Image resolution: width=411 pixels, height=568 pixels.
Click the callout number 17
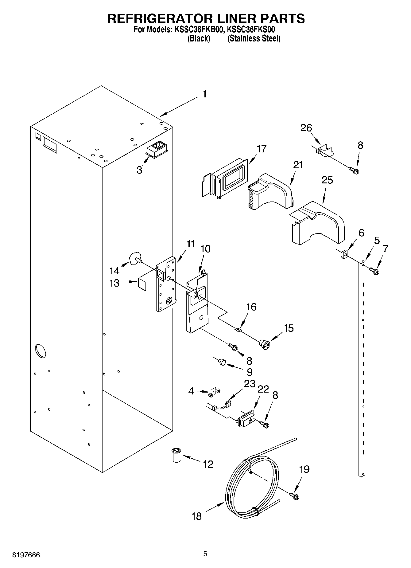point(262,149)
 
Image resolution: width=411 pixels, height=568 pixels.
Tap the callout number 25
point(327,180)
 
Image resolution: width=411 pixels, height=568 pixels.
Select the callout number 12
point(208,464)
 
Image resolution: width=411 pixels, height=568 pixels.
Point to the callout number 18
point(196,516)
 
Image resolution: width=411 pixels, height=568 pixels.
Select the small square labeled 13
point(142,284)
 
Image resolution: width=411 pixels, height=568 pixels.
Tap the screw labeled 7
point(374,271)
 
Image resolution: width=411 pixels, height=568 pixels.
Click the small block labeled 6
point(344,254)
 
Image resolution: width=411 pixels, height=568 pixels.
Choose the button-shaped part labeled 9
point(222,362)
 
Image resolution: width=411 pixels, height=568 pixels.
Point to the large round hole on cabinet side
point(41,351)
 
